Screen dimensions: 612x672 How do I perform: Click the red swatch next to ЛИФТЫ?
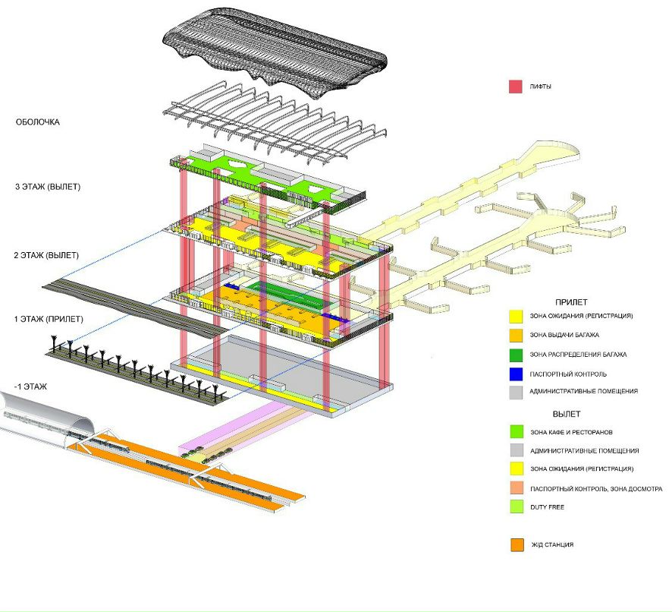click(515, 87)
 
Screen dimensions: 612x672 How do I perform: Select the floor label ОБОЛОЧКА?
click(38, 122)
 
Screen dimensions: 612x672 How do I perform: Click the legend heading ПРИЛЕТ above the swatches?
click(570, 301)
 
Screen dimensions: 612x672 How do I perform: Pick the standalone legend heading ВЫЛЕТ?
click(567, 414)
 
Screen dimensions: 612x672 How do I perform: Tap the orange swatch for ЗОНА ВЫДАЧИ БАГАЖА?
click(515, 334)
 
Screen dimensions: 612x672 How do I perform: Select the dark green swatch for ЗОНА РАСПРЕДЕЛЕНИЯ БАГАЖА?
click(515, 354)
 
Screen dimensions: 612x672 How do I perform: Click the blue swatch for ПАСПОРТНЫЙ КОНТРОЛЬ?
click(515, 373)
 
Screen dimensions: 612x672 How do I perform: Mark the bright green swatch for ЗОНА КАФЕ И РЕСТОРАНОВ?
click(515, 431)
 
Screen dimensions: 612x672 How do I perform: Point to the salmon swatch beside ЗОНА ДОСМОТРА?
click(515, 487)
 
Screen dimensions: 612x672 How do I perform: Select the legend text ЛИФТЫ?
click(542, 87)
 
